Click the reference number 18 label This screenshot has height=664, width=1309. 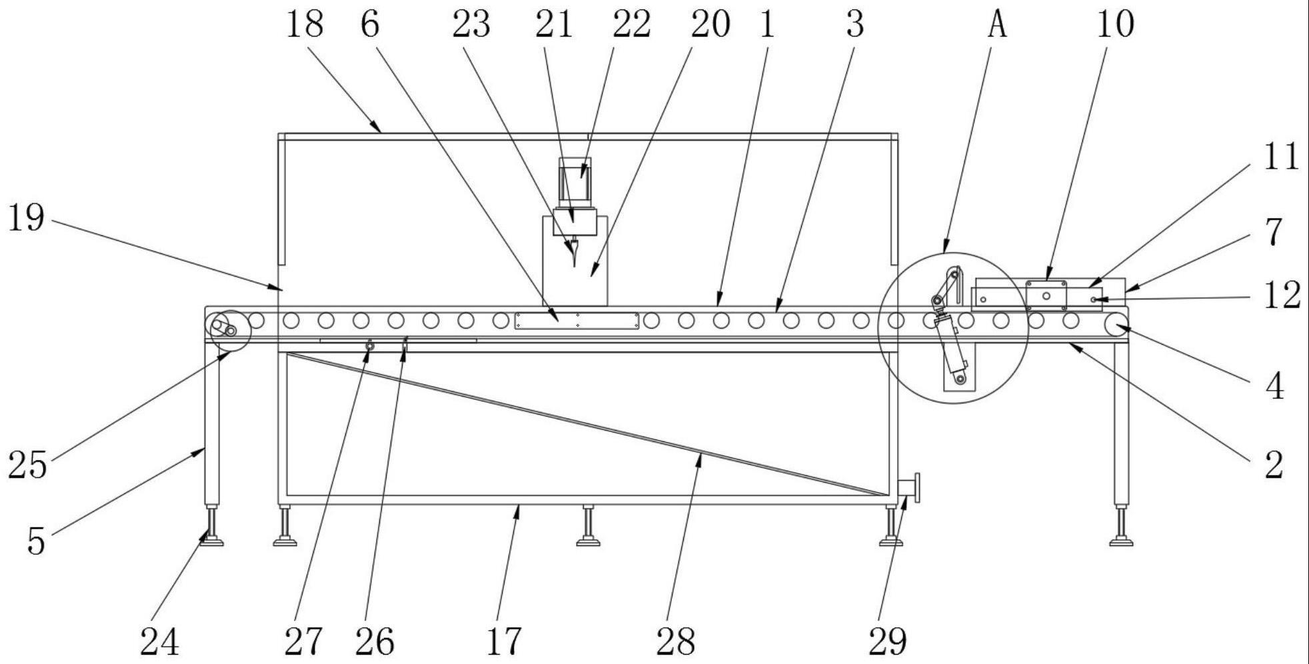coord(305,25)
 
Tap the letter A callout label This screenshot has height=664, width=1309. coord(996,25)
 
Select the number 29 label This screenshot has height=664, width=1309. coord(888,641)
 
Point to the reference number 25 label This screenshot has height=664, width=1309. coord(27,465)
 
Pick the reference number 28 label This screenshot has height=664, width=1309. coord(676,641)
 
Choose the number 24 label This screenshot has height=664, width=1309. coord(160,642)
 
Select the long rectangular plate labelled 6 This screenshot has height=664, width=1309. coord(577,321)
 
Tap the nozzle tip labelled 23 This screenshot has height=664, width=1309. coord(573,257)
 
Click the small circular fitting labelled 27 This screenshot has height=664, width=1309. coord(370,347)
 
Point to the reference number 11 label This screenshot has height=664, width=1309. coord(1281,158)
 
